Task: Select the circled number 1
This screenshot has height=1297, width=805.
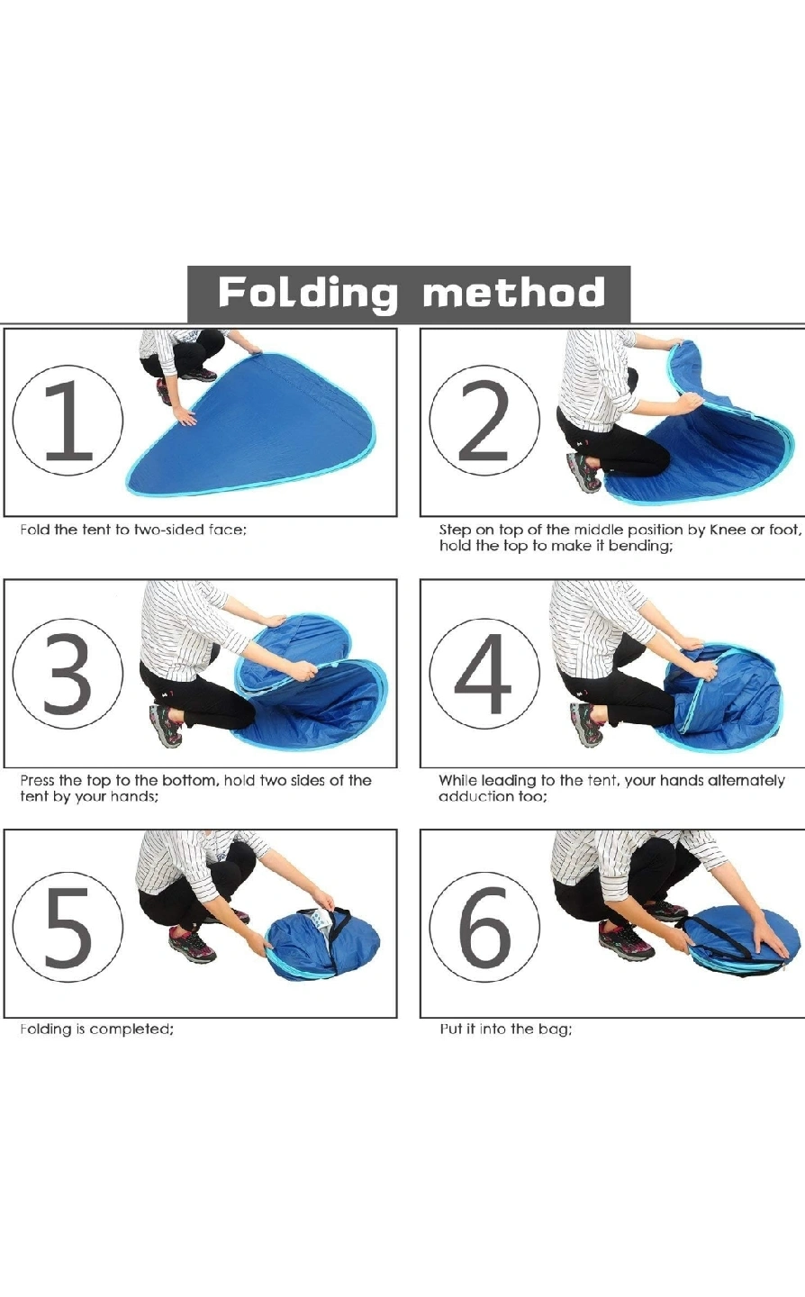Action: click(68, 421)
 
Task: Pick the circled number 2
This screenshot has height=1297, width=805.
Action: click(484, 421)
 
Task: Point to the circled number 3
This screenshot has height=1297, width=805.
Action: click(68, 673)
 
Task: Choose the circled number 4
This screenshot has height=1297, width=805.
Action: click(484, 673)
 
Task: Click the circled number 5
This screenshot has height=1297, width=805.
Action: click(68, 927)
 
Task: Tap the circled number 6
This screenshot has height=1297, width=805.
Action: click(484, 927)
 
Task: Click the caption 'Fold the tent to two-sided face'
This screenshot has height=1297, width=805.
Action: click(133, 530)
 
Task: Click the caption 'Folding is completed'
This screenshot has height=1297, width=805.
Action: click(96, 1029)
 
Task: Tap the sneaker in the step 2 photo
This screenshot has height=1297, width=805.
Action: click(583, 472)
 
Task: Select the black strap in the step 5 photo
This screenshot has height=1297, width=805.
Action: click(336, 925)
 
